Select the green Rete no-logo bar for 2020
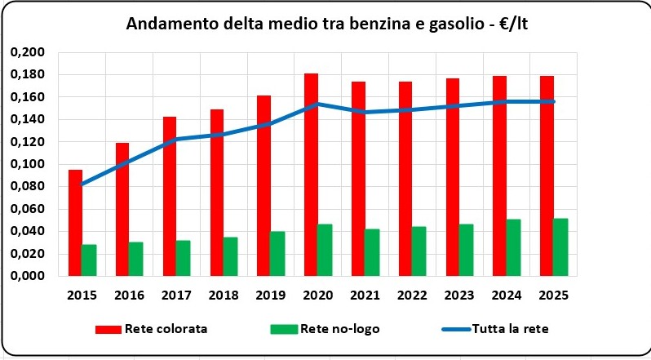325,250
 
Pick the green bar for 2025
561,247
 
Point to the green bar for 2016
135,259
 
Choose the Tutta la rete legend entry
516,329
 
